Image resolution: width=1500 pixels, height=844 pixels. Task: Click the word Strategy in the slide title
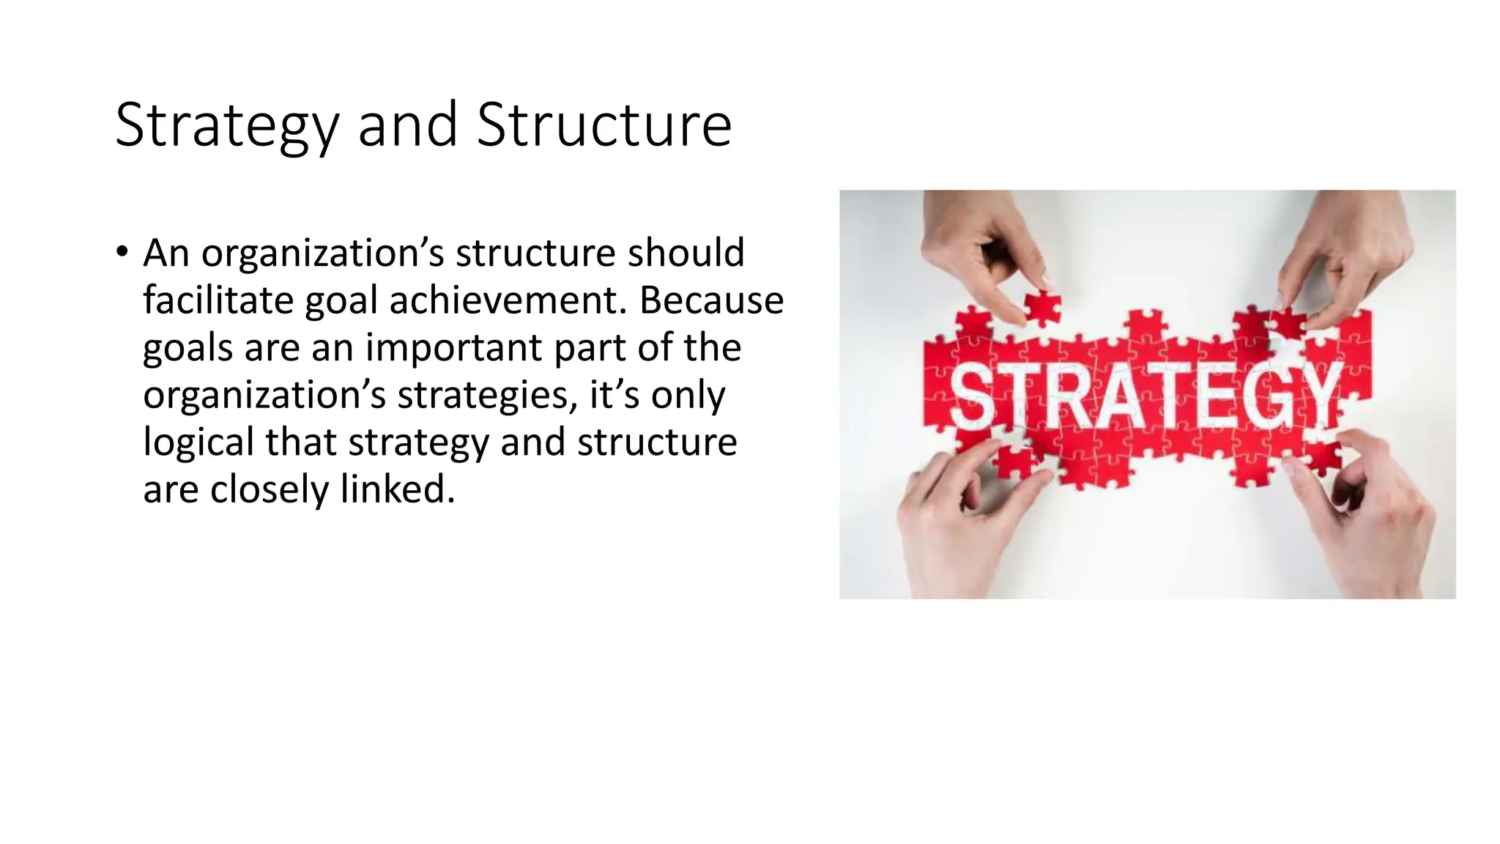[226, 126]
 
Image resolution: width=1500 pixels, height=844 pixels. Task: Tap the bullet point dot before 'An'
[122, 252]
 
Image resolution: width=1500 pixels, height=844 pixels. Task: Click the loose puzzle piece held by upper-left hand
[1042, 307]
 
